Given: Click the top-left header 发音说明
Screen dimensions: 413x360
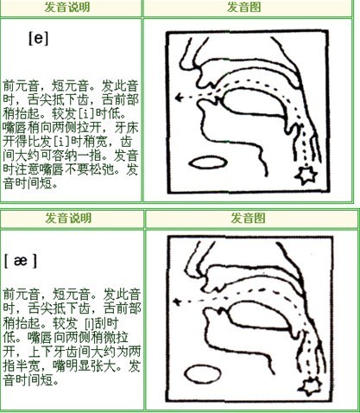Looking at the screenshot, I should click(x=70, y=7).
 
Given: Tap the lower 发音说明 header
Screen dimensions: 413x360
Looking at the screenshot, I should click(x=70, y=219).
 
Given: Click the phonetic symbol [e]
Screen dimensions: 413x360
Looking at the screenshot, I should click(x=37, y=38).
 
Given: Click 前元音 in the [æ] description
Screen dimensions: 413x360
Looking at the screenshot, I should click(x=20, y=293).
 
